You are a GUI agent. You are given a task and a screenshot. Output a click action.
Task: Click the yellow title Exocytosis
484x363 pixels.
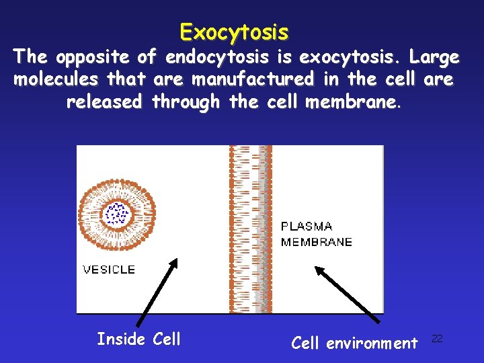(x=234, y=32)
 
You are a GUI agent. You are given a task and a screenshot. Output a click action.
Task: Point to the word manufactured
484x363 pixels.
(x=253, y=79)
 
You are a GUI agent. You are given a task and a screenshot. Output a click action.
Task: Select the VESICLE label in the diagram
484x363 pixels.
(x=109, y=270)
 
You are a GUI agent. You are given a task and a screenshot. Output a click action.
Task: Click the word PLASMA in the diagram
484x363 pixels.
(x=307, y=227)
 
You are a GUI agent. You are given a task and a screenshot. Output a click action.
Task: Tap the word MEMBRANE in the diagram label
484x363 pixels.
(x=316, y=242)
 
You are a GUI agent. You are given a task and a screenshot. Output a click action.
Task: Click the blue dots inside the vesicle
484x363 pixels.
(x=118, y=214)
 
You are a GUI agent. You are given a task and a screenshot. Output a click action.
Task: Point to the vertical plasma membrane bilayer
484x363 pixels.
(x=250, y=229)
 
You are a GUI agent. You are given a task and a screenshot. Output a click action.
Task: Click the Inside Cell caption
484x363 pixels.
(x=138, y=339)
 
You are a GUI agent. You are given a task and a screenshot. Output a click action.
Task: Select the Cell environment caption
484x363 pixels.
(x=354, y=344)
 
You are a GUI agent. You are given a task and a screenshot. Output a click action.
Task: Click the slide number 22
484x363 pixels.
(x=437, y=338)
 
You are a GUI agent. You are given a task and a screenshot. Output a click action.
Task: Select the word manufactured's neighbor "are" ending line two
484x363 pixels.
(x=439, y=79)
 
